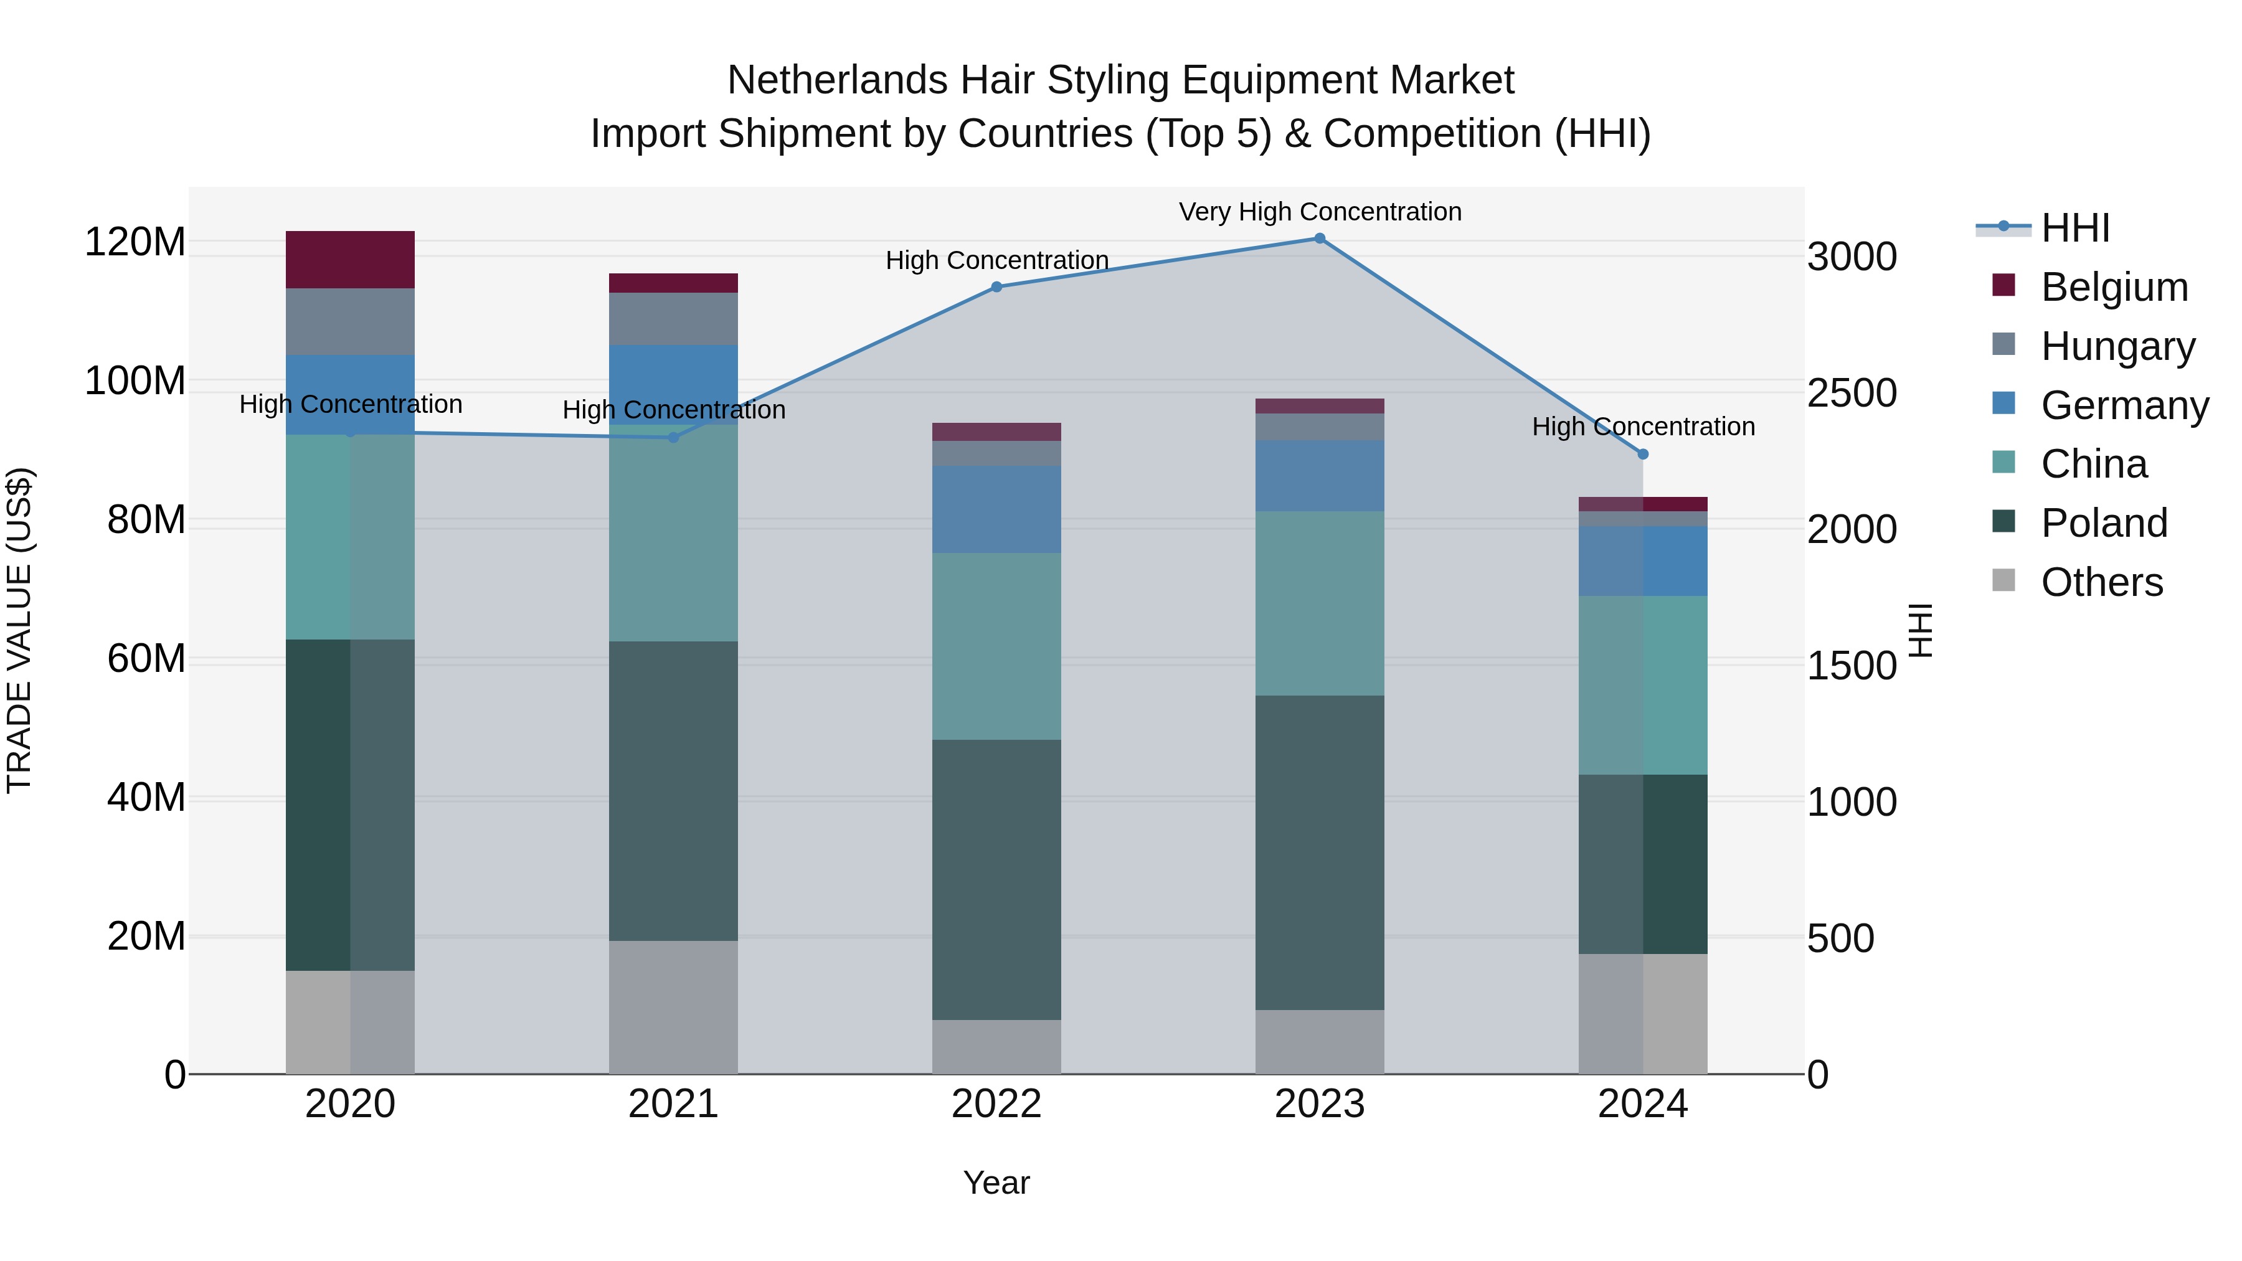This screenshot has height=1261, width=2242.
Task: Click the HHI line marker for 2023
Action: click(1320, 239)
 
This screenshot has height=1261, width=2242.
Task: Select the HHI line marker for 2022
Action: click(996, 287)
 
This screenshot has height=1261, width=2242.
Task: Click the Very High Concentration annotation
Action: click(1320, 212)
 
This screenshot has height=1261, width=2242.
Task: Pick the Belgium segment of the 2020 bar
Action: click(350, 259)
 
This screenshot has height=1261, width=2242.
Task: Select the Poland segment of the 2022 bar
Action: click(996, 879)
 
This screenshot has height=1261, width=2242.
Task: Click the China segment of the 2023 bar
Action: click(1320, 603)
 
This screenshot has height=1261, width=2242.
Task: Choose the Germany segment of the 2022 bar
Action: click(996, 509)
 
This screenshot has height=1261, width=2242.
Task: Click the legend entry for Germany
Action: click(2124, 405)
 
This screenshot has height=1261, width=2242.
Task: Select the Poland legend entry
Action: click(2104, 524)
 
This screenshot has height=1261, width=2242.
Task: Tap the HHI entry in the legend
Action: click(2075, 228)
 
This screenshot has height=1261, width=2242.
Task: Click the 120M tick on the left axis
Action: click(135, 242)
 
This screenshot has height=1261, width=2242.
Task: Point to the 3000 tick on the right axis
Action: click(1852, 258)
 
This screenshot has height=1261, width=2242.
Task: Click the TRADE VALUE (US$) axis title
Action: click(19, 630)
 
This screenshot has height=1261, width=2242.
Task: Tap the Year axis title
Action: click(996, 1183)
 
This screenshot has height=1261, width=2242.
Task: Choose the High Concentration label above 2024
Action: click(1642, 427)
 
